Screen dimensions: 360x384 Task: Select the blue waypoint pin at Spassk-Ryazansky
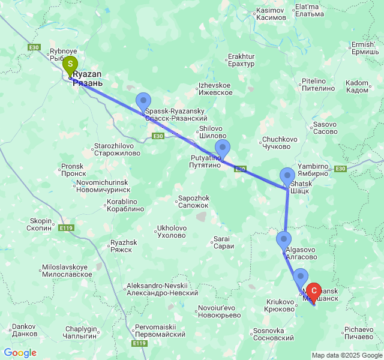coord(143,102)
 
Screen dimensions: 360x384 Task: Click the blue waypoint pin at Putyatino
coord(223,149)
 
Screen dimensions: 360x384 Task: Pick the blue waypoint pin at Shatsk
coord(287,177)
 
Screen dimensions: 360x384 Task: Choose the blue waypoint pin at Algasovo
coord(283,241)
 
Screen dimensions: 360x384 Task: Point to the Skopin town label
coord(40,224)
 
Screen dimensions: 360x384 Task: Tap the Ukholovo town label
coord(171,232)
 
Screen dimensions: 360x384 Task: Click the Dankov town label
coord(24,330)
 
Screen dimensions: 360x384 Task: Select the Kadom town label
coord(357,86)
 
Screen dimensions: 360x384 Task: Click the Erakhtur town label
coord(241,60)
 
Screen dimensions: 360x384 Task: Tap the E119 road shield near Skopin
coord(66,228)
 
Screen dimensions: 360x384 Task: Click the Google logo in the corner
coord(20,353)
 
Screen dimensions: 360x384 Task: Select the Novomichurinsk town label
coord(102,185)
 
